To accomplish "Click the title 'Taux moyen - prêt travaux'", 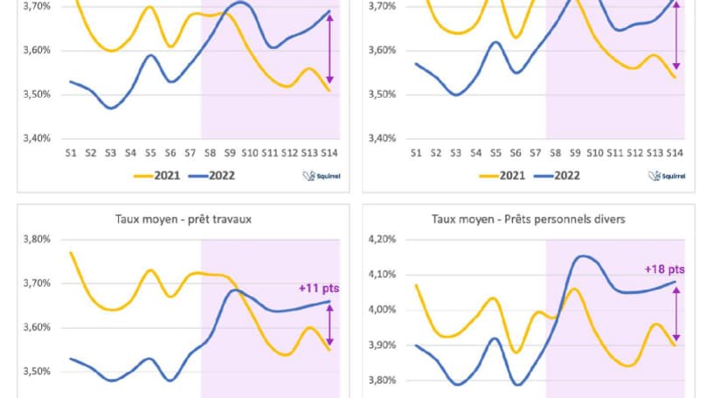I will pyautogui.click(x=183, y=219).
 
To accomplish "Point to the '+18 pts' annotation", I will pyautogui.click(x=664, y=268).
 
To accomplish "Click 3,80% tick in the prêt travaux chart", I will pyautogui.click(x=38, y=239).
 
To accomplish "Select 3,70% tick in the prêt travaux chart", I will pyautogui.click(x=38, y=283).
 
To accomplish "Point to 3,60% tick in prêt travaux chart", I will pyautogui.click(x=38, y=327).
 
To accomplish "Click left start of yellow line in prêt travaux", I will pyautogui.click(x=70, y=253).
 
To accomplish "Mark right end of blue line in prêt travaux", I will pyautogui.click(x=329, y=302).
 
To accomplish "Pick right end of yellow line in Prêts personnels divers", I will pyautogui.click(x=675, y=345).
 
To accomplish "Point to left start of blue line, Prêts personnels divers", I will pyautogui.click(x=415, y=346).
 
